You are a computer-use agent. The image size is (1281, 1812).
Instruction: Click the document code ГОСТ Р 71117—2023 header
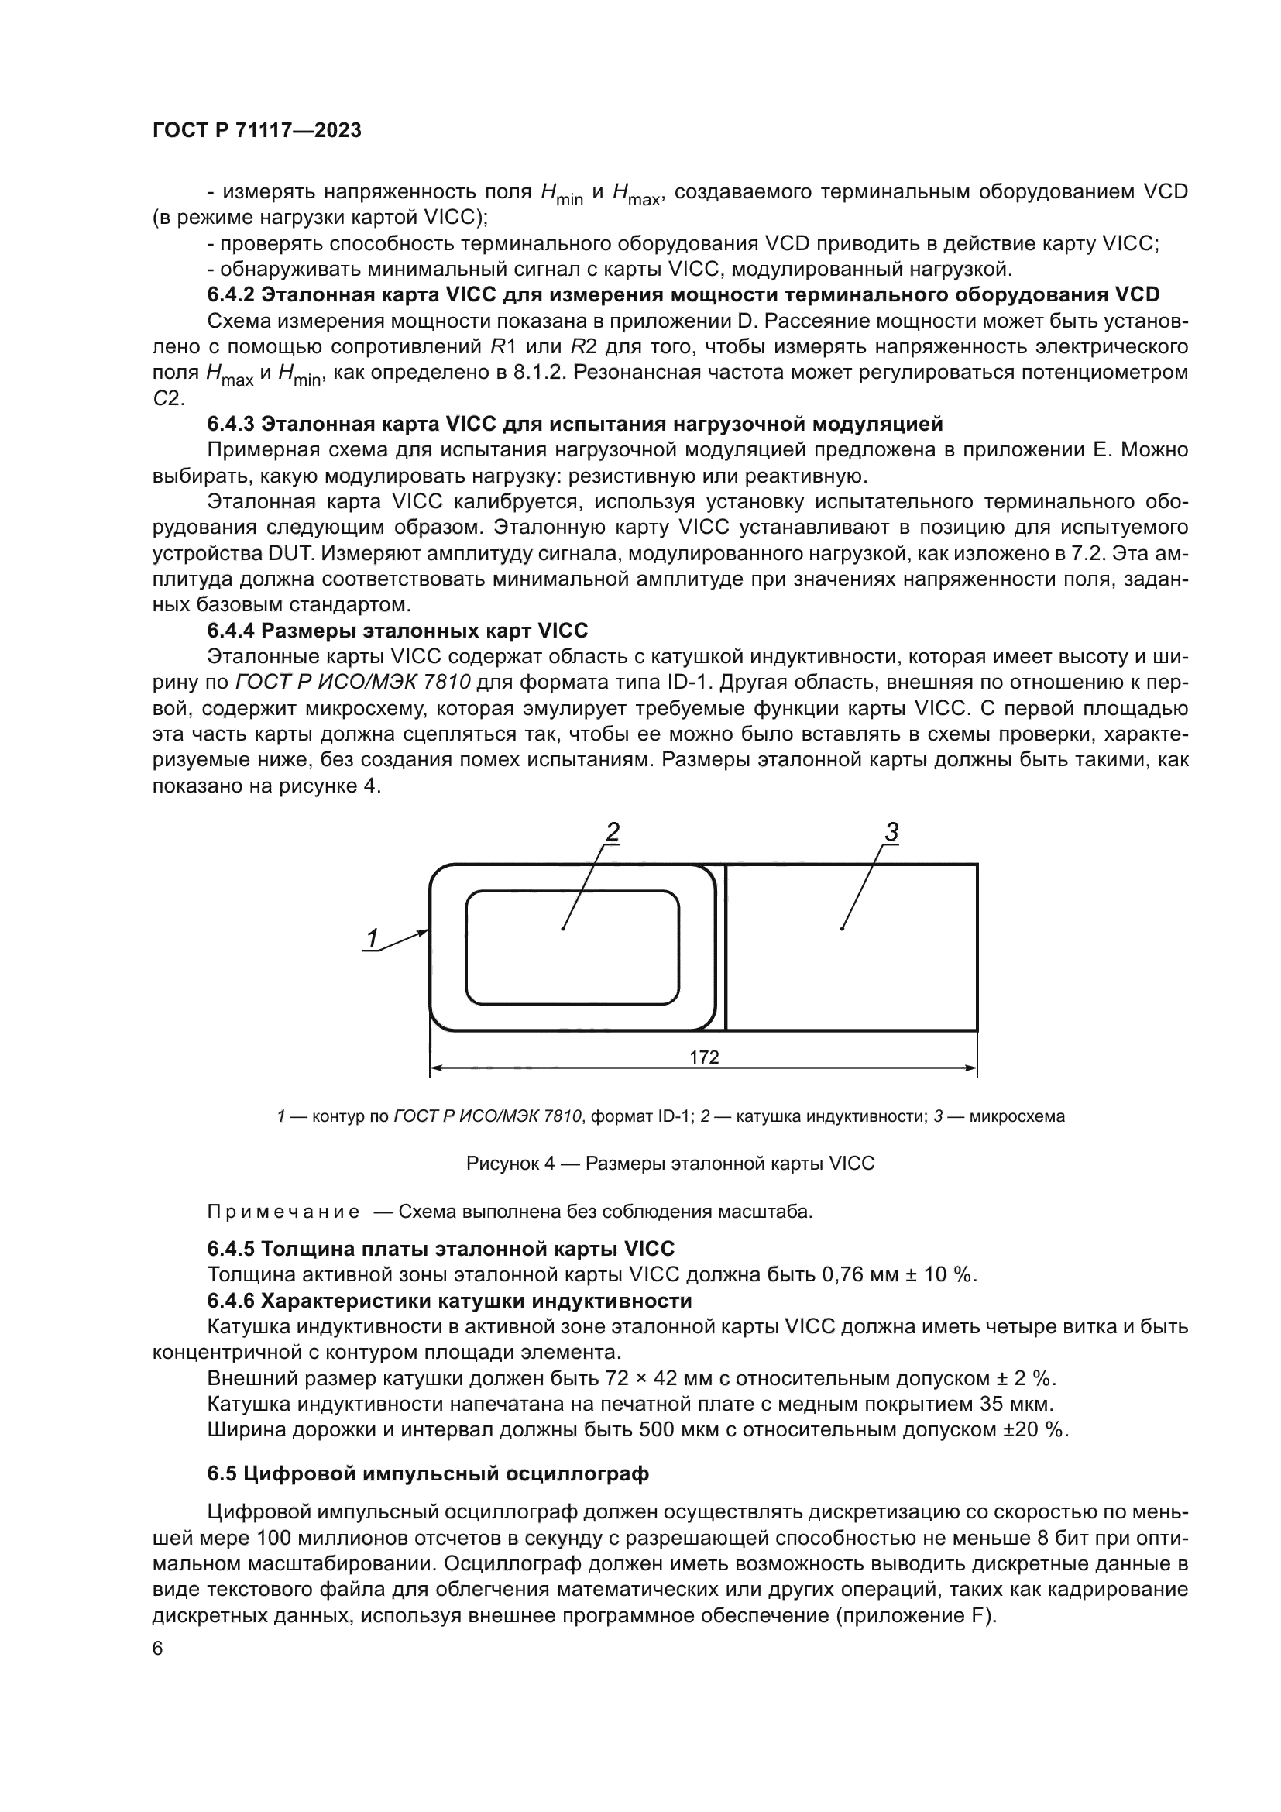pyautogui.click(x=257, y=131)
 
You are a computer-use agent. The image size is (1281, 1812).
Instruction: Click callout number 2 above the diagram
pyautogui.click(x=612, y=832)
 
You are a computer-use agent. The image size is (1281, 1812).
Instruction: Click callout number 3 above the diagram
pyautogui.click(x=891, y=832)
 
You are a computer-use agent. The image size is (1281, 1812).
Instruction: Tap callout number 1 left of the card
pyautogui.click(x=372, y=937)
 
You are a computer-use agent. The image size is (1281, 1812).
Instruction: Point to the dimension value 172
pyautogui.click(x=703, y=1057)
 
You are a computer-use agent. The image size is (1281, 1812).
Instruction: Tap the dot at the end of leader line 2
pyautogui.click(x=563, y=928)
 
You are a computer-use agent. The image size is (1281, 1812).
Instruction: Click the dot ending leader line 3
pyautogui.click(x=843, y=928)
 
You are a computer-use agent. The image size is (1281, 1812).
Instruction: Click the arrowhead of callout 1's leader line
pyautogui.click(x=426, y=931)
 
